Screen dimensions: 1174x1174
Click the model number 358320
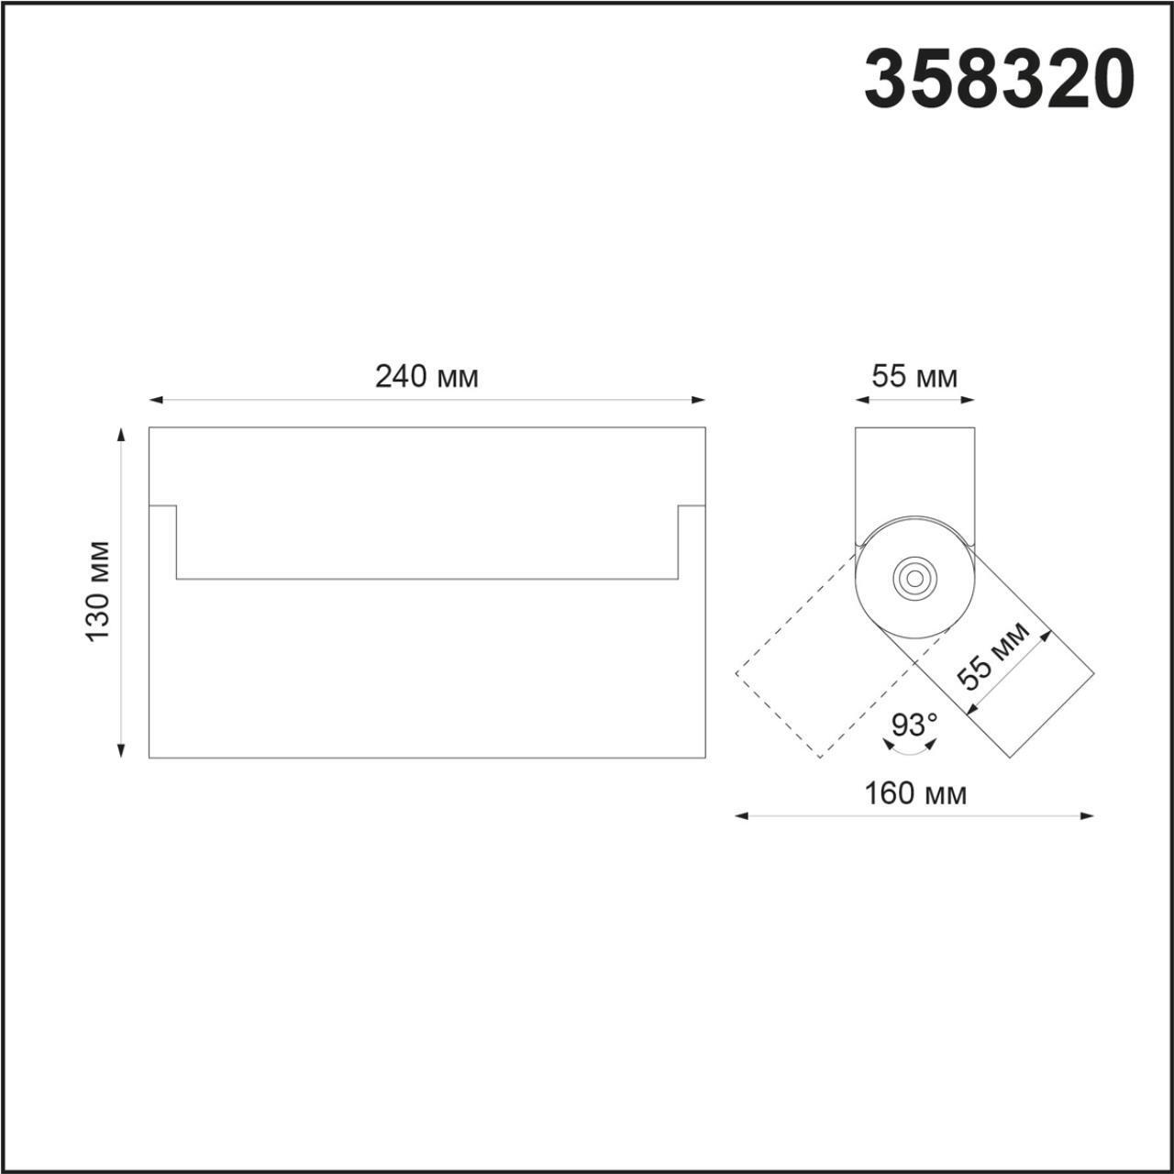tap(999, 80)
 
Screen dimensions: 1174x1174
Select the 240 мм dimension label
tap(426, 376)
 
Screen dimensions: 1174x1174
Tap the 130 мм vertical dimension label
tap(98, 592)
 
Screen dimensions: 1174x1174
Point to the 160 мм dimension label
tap(914, 793)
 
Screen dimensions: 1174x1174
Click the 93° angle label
tap(914, 725)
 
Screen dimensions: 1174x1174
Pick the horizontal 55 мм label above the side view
tap(914, 376)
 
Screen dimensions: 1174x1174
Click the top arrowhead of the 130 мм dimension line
tap(120, 434)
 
